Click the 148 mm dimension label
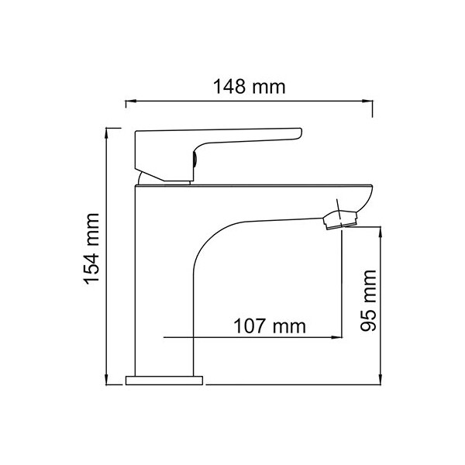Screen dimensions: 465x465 tap(249, 87)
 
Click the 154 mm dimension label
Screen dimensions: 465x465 tap(92, 249)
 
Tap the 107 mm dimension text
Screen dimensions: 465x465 tap(269, 326)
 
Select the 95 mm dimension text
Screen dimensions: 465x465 tap(368, 301)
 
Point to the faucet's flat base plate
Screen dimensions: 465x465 tap(164, 381)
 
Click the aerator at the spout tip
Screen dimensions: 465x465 tap(340, 219)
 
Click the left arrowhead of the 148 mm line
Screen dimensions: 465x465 tap(131, 101)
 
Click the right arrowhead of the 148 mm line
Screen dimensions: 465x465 tap(367, 101)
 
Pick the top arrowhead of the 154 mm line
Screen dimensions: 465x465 tap(106, 133)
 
